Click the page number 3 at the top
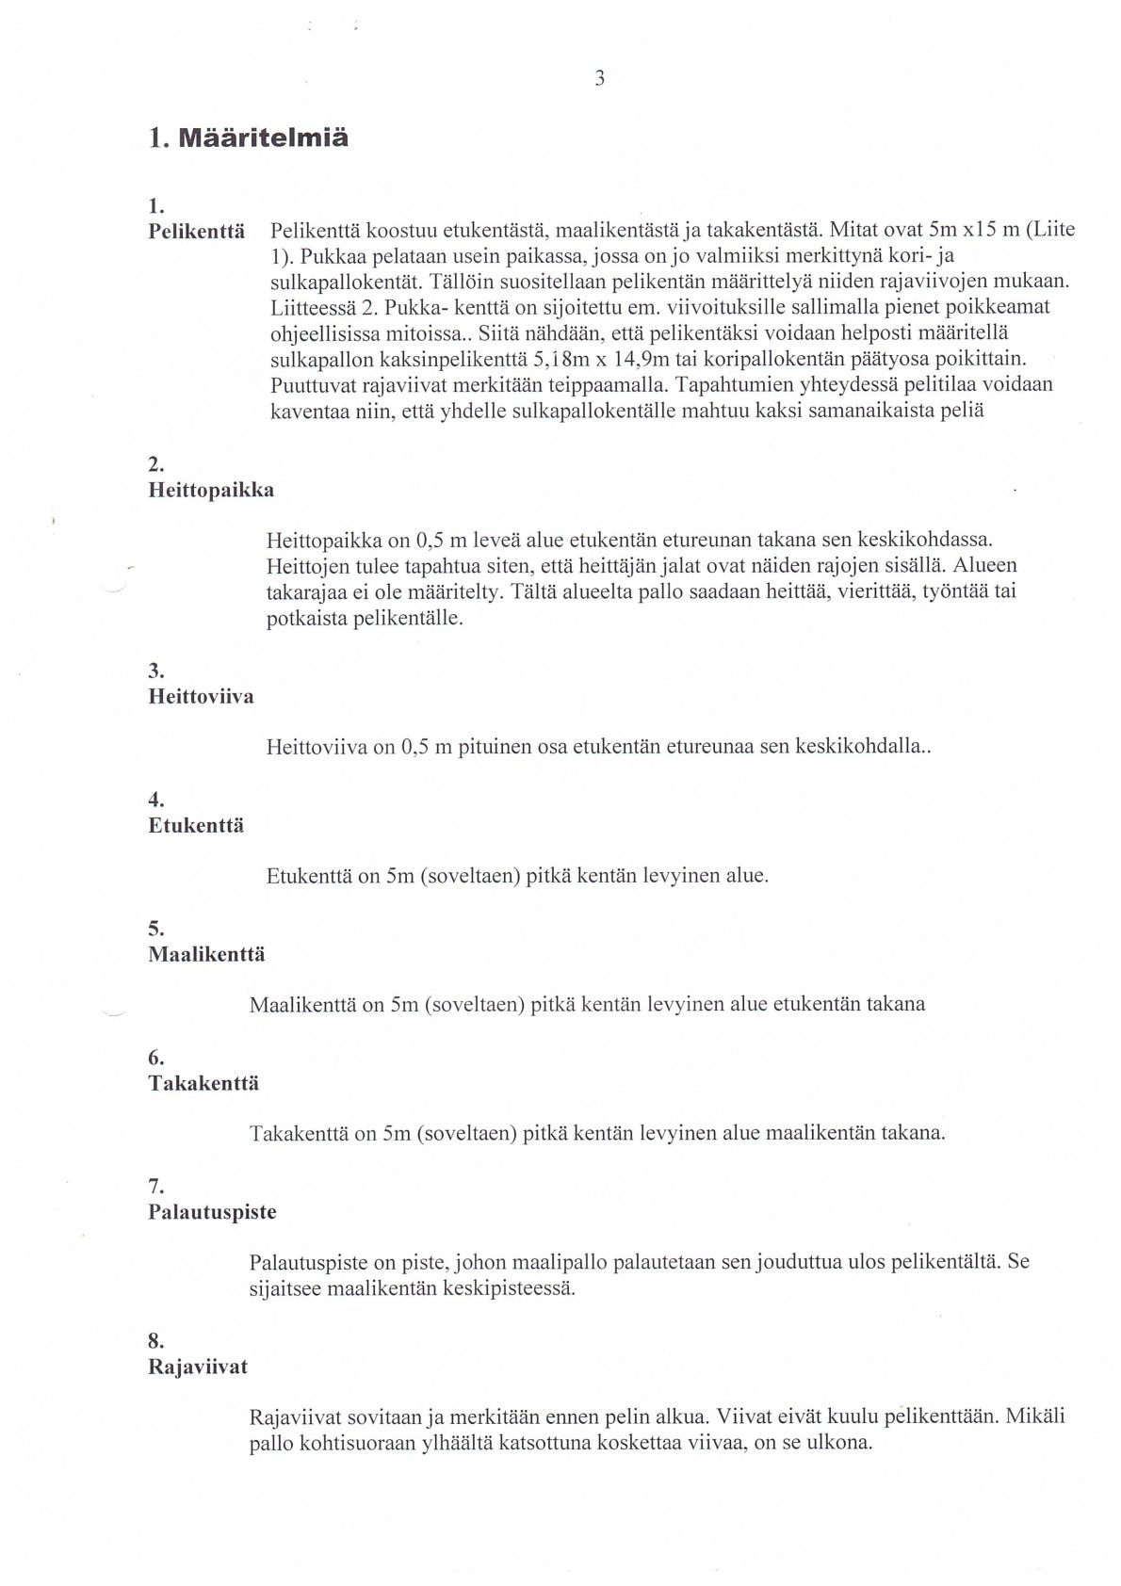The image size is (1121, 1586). pos(599,79)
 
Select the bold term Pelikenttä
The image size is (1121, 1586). pos(197,231)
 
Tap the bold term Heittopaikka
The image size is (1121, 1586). pos(211,491)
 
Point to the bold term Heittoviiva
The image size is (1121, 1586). pos(201,698)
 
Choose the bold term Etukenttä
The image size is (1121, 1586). pos(196,826)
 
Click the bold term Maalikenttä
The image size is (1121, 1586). pos(206,955)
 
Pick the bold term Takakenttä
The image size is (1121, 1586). pos(203,1083)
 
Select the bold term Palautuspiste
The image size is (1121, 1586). pos(212,1212)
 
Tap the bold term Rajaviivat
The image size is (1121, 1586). pos(198,1367)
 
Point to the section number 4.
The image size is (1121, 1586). pos(156,801)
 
